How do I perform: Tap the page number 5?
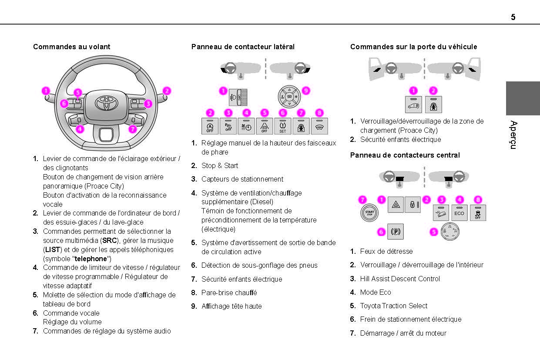[x=513, y=17]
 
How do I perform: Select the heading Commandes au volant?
[x=72, y=47]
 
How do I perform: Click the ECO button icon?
[x=459, y=213]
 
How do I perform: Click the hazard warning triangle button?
[x=396, y=205]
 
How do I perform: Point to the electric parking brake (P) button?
[x=396, y=232]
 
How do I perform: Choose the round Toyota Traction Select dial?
[x=450, y=232]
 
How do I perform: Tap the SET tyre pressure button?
[x=282, y=126]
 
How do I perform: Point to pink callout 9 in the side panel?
[x=305, y=91]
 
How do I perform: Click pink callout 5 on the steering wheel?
[x=77, y=92]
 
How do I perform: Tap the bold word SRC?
[x=110, y=240]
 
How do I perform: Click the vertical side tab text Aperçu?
[x=513, y=135]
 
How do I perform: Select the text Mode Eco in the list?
[x=376, y=292]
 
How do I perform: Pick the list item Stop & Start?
[x=220, y=165]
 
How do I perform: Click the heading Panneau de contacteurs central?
[x=405, y=155]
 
